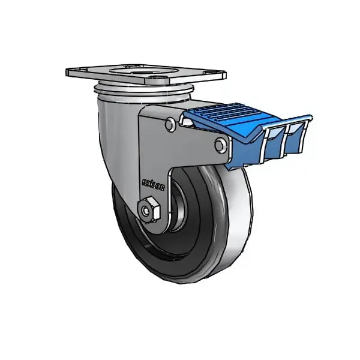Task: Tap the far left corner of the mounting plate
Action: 67,72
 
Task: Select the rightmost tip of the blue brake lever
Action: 312,116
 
